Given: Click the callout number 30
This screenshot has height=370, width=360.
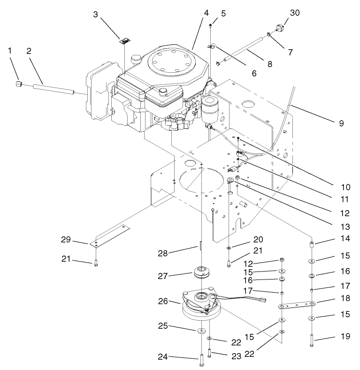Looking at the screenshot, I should pyautogui.click(x=294, y=14).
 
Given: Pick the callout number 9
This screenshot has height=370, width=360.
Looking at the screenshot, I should pyautogui.click(x=341, y=124).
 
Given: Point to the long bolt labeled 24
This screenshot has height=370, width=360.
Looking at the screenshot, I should pyautogui.click(x=200, y=359).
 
